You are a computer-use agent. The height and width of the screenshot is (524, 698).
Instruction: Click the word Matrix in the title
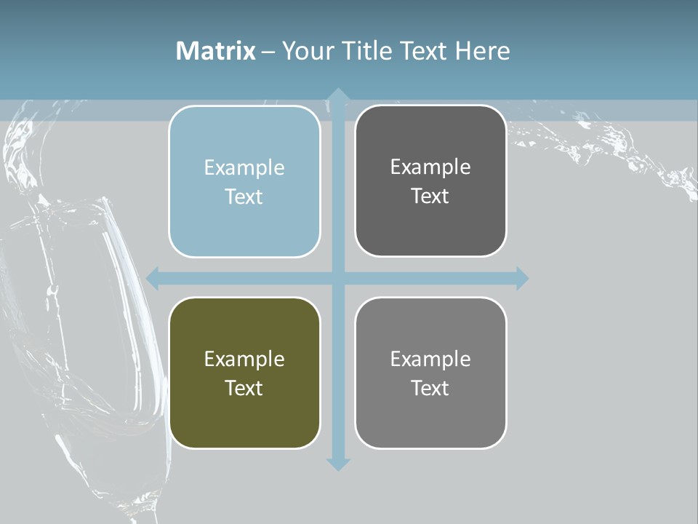[216, 51]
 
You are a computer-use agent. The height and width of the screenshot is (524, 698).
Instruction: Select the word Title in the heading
[367, 51]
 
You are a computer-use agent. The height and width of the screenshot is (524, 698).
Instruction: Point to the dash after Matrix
[268, 52]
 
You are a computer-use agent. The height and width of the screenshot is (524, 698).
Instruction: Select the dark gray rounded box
[430, 226]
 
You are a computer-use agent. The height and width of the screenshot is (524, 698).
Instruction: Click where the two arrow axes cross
[337, 278]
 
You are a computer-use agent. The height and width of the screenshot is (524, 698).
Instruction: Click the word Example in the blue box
[244, 168]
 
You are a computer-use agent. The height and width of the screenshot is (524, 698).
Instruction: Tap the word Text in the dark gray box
[430, 196]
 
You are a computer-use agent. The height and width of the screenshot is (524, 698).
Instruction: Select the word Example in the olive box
[244, 360]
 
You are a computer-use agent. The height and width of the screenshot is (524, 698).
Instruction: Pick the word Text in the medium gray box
[430, 389]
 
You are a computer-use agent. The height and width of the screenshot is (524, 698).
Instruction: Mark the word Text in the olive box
[244, 389]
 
